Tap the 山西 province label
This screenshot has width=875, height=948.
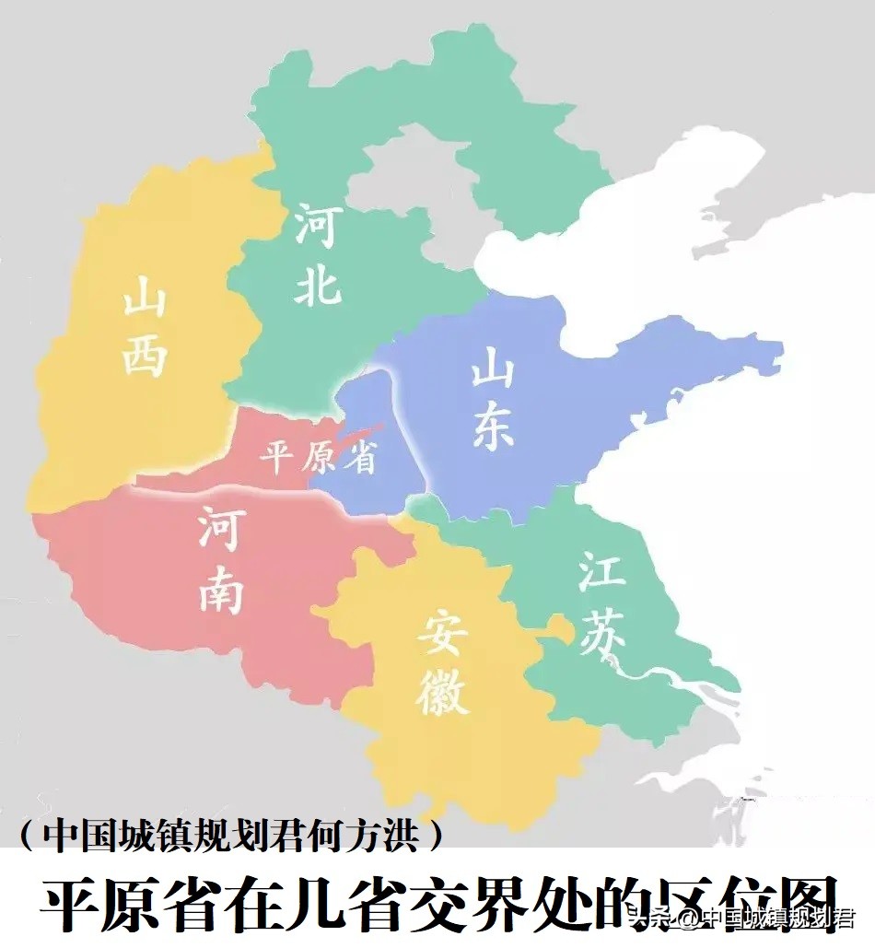pos(146,327)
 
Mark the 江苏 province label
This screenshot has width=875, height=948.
pos(602,603)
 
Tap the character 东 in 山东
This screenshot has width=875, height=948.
pos(493,428)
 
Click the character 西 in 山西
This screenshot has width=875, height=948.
pos(146,354)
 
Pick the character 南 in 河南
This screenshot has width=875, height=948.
pos(221,590)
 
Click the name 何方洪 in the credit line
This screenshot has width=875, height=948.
pos(368,836)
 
